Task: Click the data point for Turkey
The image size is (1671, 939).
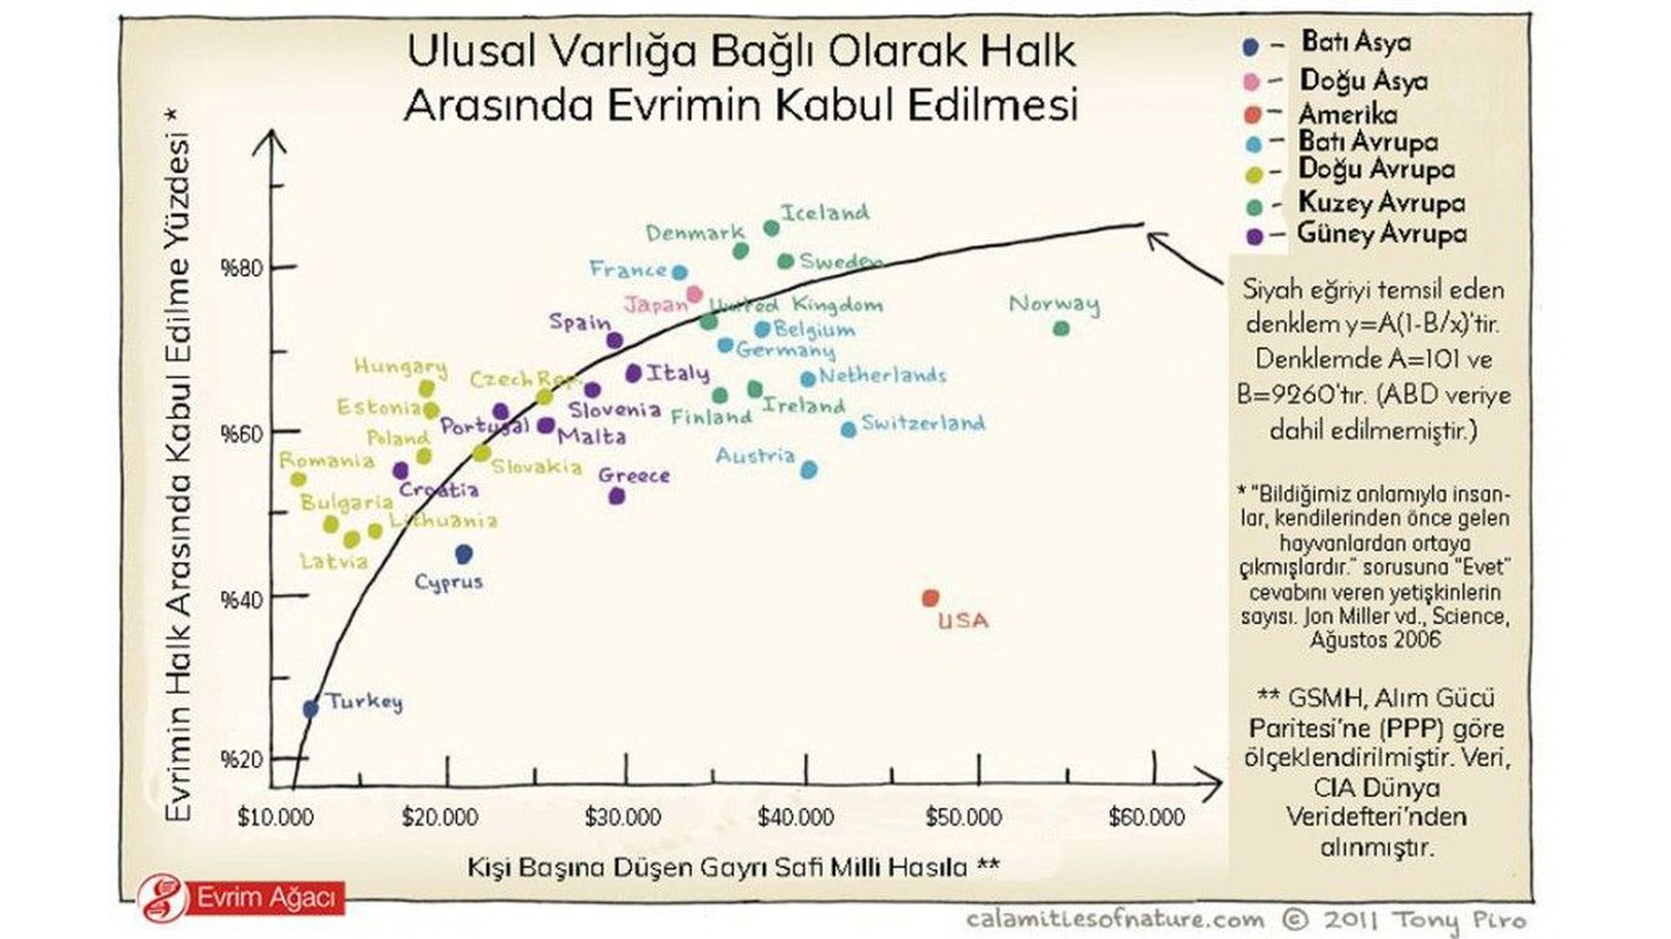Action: [x=310, y=708]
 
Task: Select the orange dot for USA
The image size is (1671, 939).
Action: [x=930, y=598]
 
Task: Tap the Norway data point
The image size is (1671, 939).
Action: [x=1061, y=328]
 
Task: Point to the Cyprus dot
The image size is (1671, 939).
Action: [x=464, y=553]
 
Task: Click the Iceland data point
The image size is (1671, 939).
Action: [x=771, y=228]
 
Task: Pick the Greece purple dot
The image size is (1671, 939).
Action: [x=617, y=496]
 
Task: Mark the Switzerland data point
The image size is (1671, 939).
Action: [x=848, y=429]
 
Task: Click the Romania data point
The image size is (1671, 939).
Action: [x=298, y=480]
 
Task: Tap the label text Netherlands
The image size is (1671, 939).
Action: [x=882, y=376]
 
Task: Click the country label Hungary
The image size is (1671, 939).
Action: [x=400, y=366]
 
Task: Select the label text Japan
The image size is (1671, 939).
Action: [x=656, y=304]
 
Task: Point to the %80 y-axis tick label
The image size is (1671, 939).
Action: [x=241, y=269]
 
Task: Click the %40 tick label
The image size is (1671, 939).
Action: [x=241, y=600]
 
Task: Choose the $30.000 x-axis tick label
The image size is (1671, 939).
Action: [x=622, y=817]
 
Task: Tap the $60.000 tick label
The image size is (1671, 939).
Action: [x=1146, y=817]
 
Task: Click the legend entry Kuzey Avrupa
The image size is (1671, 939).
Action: [x=1381, y=203]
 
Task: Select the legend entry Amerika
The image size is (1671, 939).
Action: [x=1347, y=114]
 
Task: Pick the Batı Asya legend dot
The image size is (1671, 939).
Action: [x=1251, y=48]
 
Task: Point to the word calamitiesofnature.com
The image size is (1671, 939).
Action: [x=1115, y=920]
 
